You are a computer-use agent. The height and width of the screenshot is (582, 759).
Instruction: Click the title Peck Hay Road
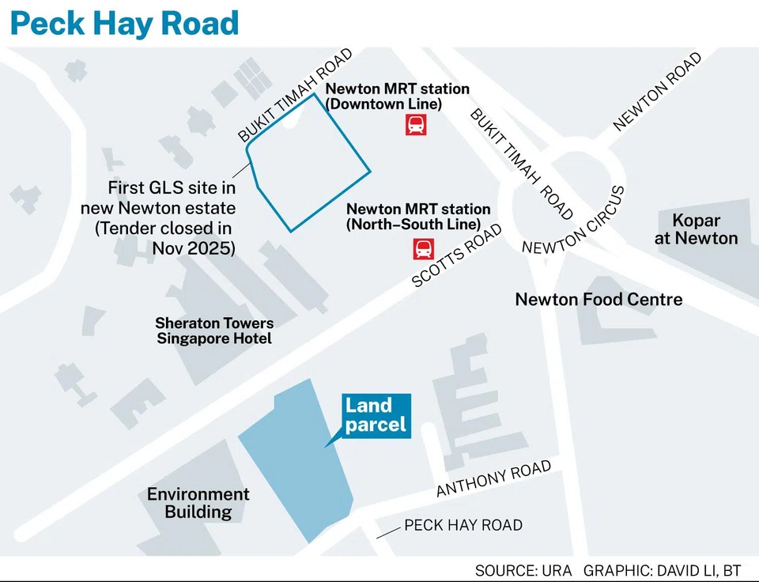(124, 23)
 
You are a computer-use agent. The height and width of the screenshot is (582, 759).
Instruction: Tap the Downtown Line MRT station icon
(416, 124)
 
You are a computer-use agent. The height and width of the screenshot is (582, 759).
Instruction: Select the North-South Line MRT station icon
(422, 249)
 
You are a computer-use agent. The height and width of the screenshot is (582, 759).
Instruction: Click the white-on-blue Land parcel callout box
(376, 415)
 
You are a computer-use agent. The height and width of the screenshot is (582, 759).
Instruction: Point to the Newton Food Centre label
(599, 300)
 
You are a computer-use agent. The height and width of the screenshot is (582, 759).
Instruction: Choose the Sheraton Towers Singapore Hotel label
(214, 331)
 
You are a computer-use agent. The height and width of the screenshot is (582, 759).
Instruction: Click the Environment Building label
(198, 503)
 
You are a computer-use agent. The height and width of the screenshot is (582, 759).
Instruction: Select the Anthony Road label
(493, 480)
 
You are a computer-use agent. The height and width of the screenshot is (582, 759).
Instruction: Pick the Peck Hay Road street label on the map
(463, 525)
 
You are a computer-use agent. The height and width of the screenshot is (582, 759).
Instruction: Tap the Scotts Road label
(457, 256)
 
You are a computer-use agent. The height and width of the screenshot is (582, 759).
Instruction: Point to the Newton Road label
(657, 91)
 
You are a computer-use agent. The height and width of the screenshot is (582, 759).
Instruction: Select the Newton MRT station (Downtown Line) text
(397, 96)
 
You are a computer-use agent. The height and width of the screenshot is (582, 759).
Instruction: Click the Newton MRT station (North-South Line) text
(418, 217)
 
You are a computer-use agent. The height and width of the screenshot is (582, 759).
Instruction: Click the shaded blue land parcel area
(296, 467)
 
